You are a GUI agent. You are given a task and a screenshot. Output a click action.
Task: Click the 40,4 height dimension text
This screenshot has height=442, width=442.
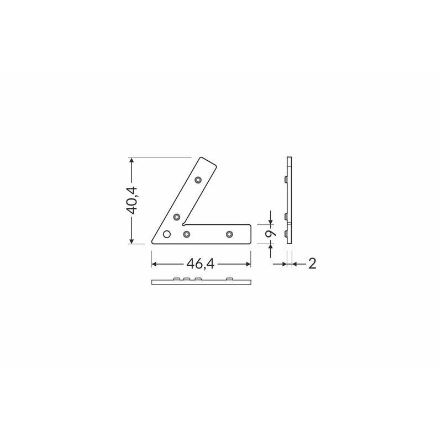point(131,200)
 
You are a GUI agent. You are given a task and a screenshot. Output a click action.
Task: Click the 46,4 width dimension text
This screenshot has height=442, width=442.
point(201,264)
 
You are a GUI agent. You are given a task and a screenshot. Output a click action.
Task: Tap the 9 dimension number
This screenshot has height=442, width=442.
point(271,234)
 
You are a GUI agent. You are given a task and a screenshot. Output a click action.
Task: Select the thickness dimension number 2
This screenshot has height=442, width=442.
point(312,264)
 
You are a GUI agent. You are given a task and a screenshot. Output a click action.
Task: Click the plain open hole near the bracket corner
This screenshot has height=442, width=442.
point(167,234)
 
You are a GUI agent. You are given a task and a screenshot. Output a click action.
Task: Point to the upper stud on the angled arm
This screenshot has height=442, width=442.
point(198,180)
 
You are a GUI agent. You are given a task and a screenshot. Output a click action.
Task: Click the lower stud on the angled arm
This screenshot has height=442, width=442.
point(176,217)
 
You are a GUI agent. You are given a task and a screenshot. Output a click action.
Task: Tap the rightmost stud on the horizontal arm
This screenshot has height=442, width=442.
point(229,234)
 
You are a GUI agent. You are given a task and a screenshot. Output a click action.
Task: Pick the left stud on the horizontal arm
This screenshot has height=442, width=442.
point(186,234)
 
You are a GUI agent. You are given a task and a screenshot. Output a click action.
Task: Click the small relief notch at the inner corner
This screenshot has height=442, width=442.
point(184,225)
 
